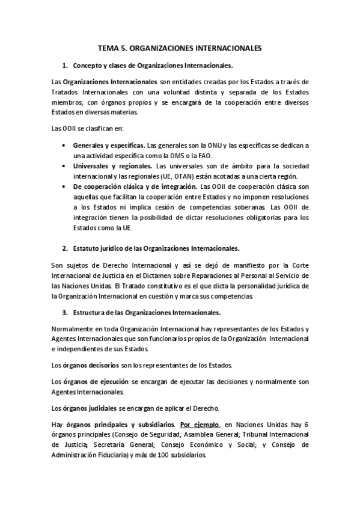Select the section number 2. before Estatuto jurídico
click(x=65, y=248)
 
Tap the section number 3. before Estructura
click(x=65, y=312)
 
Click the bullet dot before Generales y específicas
click(x=64, y=146)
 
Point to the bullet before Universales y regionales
click(x=64, y=165)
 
